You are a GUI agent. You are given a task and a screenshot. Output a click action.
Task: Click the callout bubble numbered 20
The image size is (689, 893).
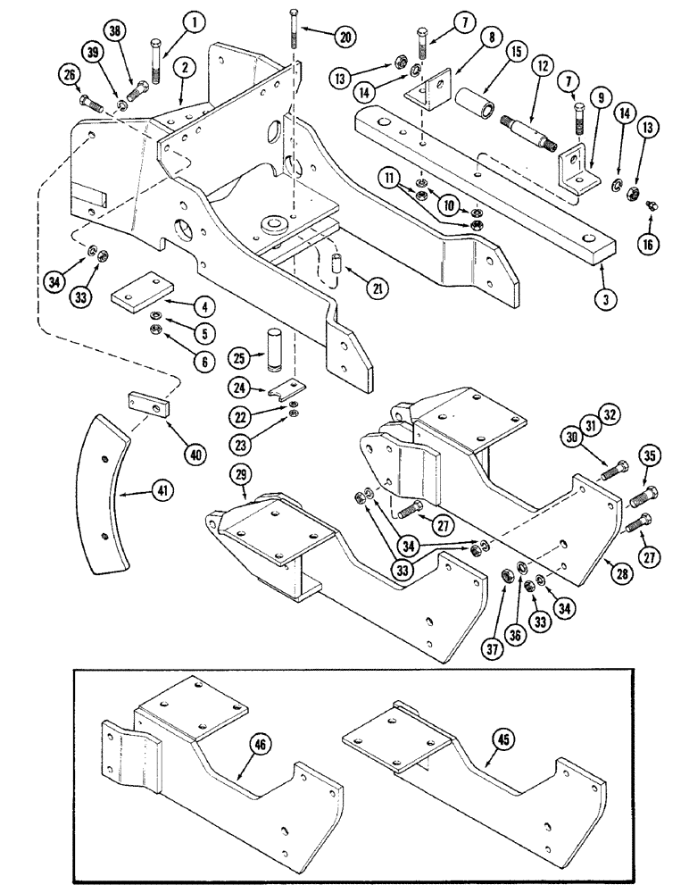point(344,37)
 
